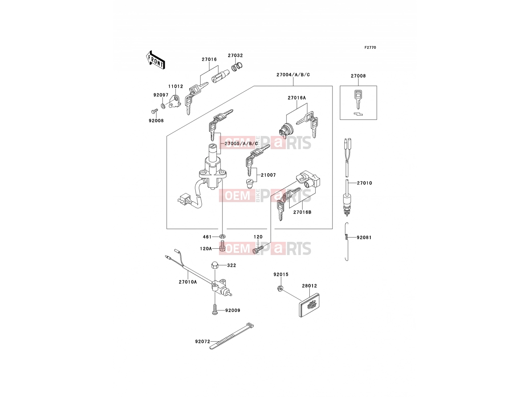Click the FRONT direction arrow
[155, 60]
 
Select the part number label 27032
[235, 56]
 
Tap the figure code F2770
[370, 48]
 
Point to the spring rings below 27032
[237, 66]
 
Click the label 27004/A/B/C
[293, 75]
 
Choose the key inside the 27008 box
[358, 99]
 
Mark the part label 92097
[161, 95]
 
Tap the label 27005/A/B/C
[241, 144]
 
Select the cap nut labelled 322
[215, 265]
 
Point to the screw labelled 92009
[215, 309]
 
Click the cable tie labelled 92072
[232, 336]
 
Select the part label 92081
[364, 238]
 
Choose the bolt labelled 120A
[223, 247]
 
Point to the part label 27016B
[302, 212]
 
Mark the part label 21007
[268, 175]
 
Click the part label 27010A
[188, 282]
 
